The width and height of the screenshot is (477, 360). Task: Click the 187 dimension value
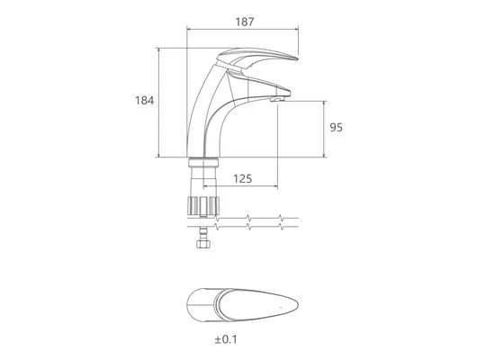244,22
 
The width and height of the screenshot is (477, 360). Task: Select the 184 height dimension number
145,101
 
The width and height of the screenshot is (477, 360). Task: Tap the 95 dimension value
337,127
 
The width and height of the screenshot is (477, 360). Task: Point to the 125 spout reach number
242,178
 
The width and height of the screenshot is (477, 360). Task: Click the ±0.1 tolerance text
226,339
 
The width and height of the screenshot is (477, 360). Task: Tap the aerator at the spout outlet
277,99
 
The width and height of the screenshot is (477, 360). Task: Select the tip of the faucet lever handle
297,58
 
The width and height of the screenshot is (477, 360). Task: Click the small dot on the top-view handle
281,307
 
